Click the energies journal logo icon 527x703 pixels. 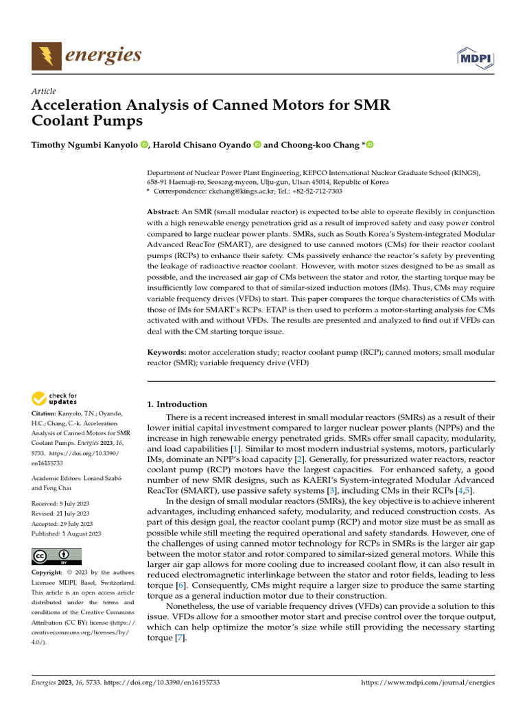(x=46, y=56)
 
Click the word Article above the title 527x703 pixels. (x=44, y=91)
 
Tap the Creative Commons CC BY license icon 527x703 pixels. (x=56, y=555)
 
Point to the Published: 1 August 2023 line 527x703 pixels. (x=67, y=533)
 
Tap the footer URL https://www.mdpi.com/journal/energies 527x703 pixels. (x=428, y=684)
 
